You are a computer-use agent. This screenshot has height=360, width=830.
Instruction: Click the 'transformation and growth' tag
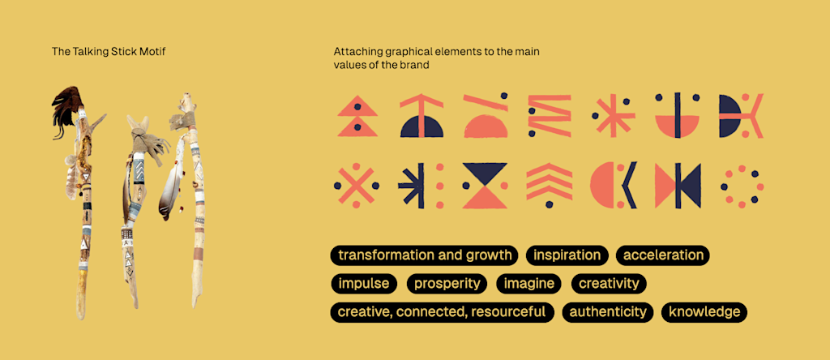pos(425,255)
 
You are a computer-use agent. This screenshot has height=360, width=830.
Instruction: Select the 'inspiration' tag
pos(567,255)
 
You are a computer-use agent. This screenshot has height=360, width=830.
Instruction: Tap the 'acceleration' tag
pos(663,255)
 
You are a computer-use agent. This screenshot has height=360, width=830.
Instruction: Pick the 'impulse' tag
pos(364,284)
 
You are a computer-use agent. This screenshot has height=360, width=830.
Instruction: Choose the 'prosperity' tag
pos(447,284)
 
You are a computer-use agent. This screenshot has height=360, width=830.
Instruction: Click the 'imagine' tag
pos(529,284)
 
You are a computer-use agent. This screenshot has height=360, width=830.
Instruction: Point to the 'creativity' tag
pos(609,284)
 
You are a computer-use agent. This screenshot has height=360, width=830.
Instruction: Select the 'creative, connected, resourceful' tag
pos(442,312)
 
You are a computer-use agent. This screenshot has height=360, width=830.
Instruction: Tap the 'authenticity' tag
pos(608,312)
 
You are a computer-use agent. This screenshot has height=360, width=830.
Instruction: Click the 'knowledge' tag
pos(704,312)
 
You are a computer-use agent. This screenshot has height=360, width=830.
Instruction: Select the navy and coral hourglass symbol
pos(485,186)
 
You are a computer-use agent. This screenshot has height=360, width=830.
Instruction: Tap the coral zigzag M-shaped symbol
pos(550,115)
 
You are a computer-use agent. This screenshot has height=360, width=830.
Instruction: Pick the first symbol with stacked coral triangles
pos(357,115)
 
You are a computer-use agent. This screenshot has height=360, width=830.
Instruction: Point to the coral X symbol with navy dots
pos(354,186)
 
